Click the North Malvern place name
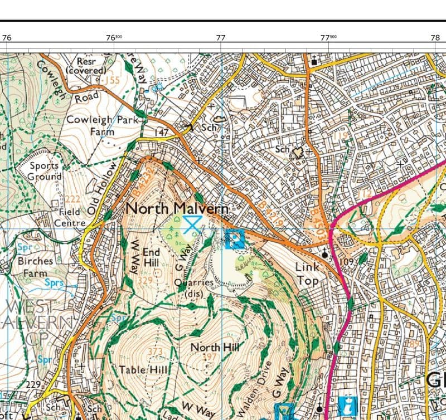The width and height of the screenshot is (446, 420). [x=177, y=208]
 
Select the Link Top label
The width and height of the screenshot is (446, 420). [x=307, y=274]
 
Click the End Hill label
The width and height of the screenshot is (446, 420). [x=151, y=257]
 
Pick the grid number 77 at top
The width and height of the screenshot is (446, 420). [x=221, y=38]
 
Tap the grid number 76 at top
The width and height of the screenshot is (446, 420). [x=7, y=38]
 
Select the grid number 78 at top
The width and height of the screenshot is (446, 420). [x=435, y=38]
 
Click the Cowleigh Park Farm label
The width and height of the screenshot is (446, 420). [x=102, y=125]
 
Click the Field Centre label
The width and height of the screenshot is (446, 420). [x=70, y=217]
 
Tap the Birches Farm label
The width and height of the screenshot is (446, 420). [x=35, y=267]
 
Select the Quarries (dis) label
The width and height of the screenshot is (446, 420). [x=193, y=287]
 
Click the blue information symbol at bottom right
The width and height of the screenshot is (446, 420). [x=347, y=404]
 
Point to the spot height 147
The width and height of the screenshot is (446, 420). [x=161, y=132]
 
